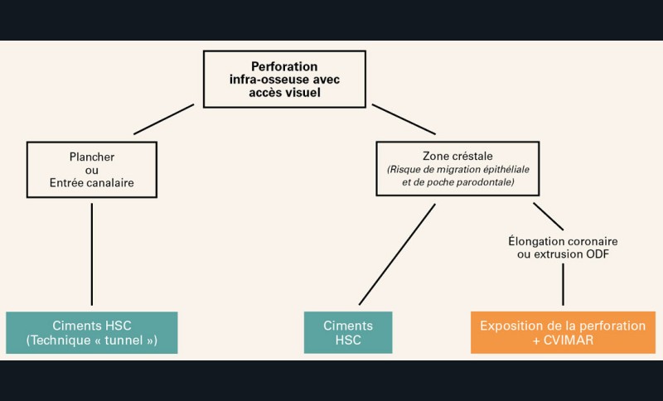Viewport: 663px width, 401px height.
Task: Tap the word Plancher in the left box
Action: click(x=91, y=156)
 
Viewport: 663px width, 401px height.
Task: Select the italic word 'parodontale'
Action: click(x=487, y=181)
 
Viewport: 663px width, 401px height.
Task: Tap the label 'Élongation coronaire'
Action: click(x=563, y=240)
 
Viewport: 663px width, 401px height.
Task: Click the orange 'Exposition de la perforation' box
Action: click(x=563, y=326)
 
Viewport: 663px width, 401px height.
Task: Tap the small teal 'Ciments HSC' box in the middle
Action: click(x=347, y=332)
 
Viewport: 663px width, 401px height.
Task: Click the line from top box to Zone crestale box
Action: click(x=404, y=118)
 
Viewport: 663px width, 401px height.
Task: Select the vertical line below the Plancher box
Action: click(x=91, y=253)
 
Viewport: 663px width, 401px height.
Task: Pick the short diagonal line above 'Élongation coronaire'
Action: click(x=549, y=216)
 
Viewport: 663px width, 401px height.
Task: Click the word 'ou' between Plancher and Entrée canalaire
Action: click(x=91, y=168)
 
